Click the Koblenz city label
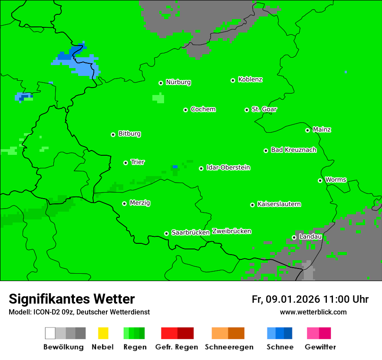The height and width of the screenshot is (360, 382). (x=250, y=79)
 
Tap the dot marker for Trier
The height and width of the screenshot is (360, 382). (x=125, y=163)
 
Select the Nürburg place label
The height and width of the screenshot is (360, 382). (x=178, y=82)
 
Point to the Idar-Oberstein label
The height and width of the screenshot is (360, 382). (x=228, y=167)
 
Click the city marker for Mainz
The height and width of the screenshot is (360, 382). (x=307, y=130)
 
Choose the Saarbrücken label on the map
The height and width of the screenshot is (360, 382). (x=191, y=232)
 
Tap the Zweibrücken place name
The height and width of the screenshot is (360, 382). (x=231, y=231)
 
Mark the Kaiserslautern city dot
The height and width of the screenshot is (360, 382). (x=252, y=205)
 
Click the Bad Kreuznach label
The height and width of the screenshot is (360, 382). (x=293, y=150)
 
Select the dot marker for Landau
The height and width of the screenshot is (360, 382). (x=294, y=237)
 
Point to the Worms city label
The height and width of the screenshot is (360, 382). (x=336, y=180)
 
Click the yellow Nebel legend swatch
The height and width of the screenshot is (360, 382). (x=103, y=333)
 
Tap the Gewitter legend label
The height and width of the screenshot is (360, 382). (x=320, y=347)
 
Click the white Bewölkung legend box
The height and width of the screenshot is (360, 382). (x=50, y=333)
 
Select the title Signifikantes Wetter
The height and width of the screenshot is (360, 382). (x=72, y=299)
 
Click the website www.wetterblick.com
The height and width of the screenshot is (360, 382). (x=313, y=312)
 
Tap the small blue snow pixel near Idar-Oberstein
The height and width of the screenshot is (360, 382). (x=175, y=167)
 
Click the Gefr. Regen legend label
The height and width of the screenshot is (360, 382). (x=177, y=347)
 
